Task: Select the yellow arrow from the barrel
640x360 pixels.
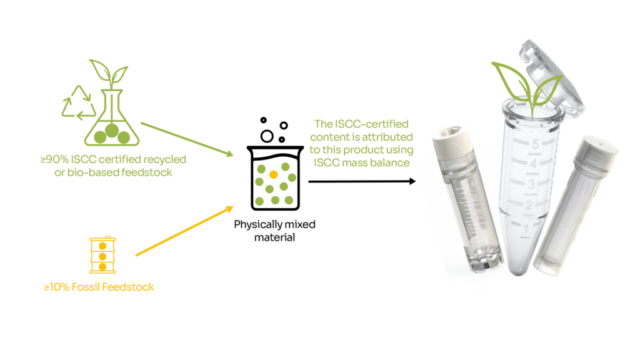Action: pos(184,231)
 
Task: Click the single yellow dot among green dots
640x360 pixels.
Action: pos(273,173)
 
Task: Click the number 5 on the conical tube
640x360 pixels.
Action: pos(534,145)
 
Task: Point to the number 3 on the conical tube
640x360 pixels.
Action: pos(530,184)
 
